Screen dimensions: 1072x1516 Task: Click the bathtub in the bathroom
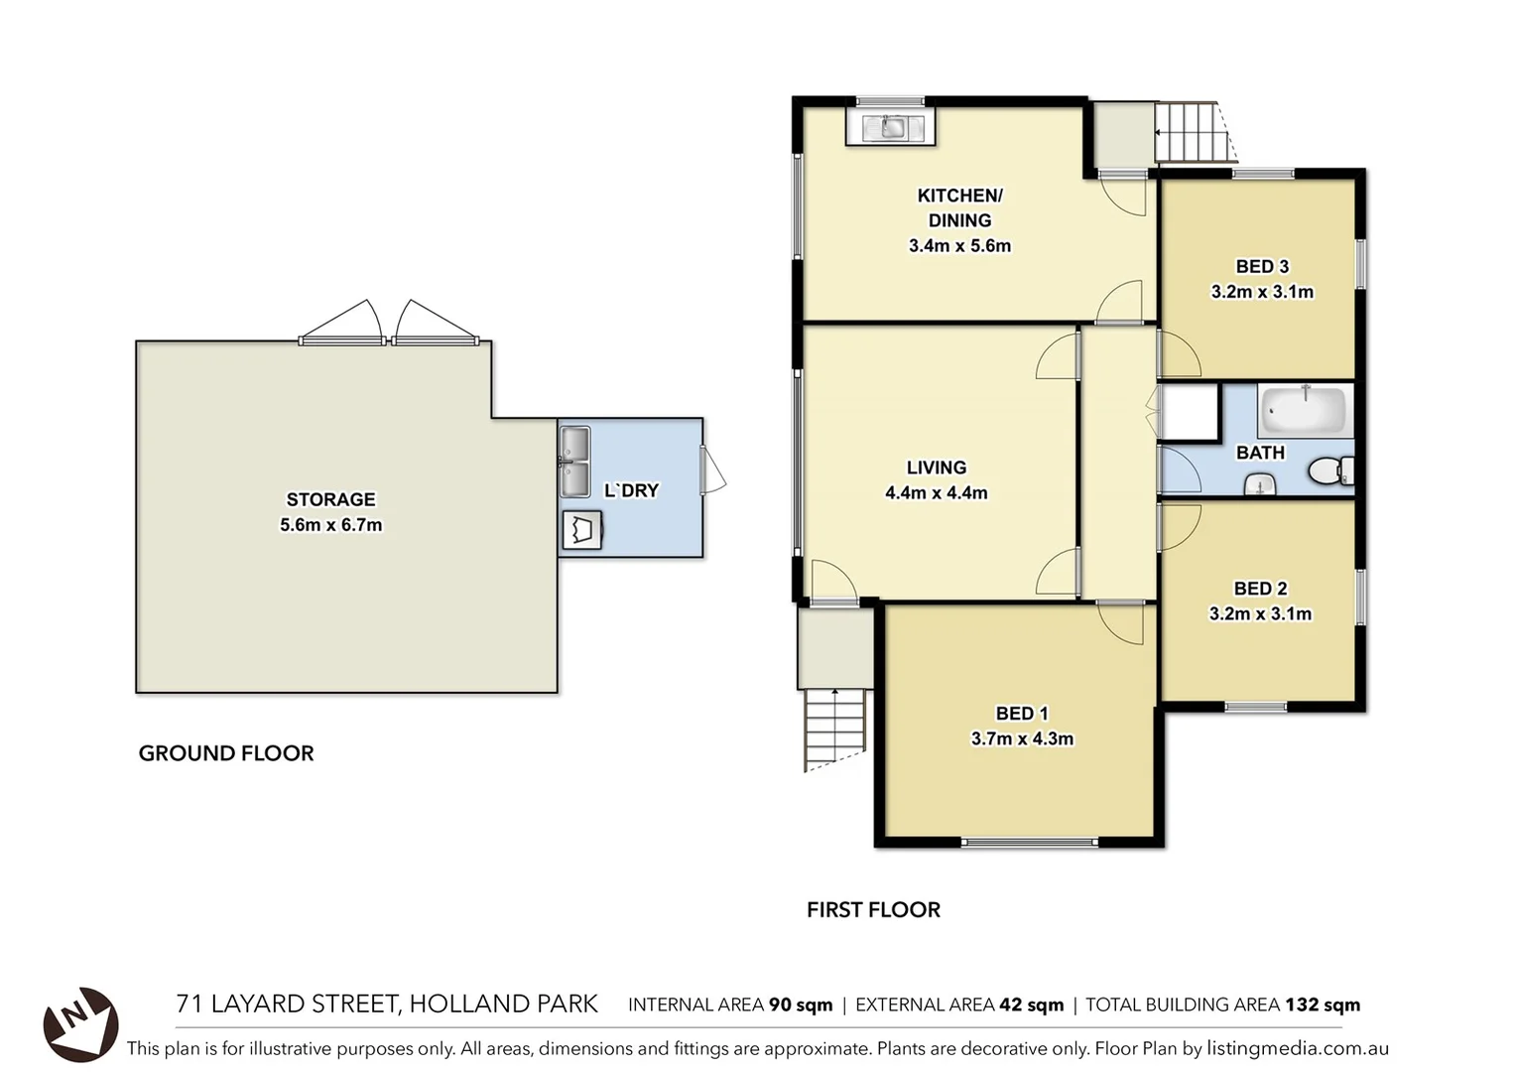pos(1304,410)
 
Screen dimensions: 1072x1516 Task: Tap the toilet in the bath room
pos(1327,470)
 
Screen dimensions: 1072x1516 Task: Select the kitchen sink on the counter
pos(890,127)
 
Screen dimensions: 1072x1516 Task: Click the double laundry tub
pos(574,462)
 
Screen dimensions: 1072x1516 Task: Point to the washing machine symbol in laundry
pos(581,530)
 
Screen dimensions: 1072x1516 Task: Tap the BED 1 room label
pos(1021,713)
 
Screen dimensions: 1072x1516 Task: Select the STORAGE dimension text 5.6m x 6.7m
pos(330,525)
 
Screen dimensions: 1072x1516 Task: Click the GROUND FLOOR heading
pos(226,753)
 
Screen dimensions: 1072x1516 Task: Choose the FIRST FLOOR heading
pos(873,909)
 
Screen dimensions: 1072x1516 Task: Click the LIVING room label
pos(936,468)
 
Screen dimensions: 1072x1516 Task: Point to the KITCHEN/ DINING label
pos(959,207)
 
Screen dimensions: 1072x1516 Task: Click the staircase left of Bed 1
pos(834,730)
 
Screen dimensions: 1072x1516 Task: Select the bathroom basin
pos(1260,484)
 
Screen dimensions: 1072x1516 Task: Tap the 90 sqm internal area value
pos(801,1005)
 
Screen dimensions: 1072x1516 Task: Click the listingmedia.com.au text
pos(1297,1048)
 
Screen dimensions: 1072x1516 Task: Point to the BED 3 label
pos(1262,266)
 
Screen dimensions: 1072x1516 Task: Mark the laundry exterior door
pos(712,470)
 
